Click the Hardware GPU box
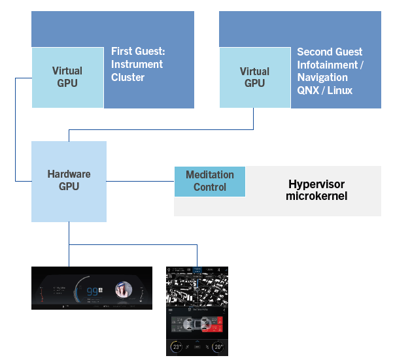click(x=69, y=181)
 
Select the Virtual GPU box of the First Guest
click(x=67, y=77)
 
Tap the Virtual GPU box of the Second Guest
click(x=254, y=77)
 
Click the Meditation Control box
click(x=209, y=181)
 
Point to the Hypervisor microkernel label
click(x=316, y=189)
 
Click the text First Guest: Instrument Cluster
click(x=137, y=64)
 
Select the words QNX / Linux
click(x=324, y=90)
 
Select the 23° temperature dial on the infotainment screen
click(x=177, y=347)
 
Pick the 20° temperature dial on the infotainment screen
click(x=217, y=347)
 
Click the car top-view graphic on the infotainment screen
click(x=197, y=325)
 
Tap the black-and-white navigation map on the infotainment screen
click(x=197, y=287)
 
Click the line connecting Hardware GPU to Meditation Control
click(x=140, y=181)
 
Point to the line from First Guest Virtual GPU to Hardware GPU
click(x=16, y=131)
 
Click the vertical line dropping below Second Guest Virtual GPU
click(x=254, y=118)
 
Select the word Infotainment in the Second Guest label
click(x=330, y=64)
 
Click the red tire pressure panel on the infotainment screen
click(x=220, y=325)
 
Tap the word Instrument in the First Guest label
click(x=137, y=64)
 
